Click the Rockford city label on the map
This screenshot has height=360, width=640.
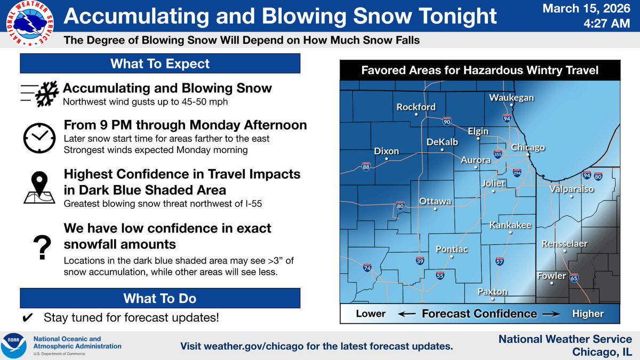click(x=416, y=107)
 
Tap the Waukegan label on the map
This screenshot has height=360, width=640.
click(x=511, y=98)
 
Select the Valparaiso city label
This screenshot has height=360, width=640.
click(x=571, y=188)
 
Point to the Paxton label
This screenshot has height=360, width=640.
click(x=492, y=292)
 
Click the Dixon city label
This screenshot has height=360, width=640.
click(x=386, y=151)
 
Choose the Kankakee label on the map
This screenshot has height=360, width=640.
click(x=510, y=226)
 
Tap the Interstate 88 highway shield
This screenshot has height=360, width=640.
click(x=366, y=166)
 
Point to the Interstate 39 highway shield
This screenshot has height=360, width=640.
click(x=420, y=261)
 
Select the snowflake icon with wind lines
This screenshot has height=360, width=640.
click(x=38, y=94)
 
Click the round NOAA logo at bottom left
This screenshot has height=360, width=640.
click(x=16, y=345)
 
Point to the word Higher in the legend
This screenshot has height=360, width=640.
click(x=588, y=314)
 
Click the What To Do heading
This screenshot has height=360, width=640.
click(x=160, y=298)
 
